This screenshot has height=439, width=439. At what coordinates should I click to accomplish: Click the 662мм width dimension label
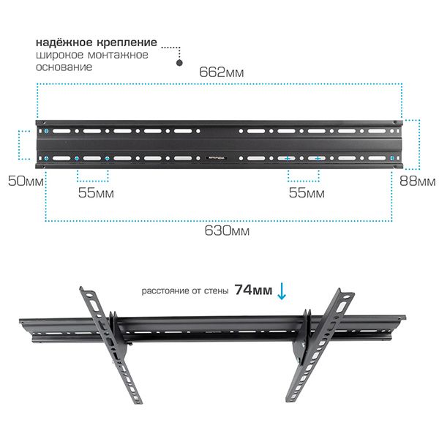(x=222, y=72)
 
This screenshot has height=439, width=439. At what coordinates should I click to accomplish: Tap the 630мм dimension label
(x=227, y=231)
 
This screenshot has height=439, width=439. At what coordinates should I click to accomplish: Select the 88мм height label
(x=417, y=181)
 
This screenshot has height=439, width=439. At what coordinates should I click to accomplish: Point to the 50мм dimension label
(x=26, y=181)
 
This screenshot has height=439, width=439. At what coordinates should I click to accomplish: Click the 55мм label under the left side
(x=96, y=193)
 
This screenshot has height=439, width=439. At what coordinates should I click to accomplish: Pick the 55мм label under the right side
(x=307, y=193)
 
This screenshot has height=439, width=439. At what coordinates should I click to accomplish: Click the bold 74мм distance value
(x=253, y=290)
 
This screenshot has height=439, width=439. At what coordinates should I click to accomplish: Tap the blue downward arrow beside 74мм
(x=282, y=291)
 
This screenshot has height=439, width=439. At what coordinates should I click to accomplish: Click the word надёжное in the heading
(x=64, y=42)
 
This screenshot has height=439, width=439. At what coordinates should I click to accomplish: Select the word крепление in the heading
(x=127, y=43)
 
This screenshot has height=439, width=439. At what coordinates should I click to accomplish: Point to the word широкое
(x=60, y=55)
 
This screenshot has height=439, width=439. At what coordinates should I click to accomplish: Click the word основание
(x=64, y=67)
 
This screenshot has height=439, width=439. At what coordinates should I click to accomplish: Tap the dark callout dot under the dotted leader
(x=179, y=63)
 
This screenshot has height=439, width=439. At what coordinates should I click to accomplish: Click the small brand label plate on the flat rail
(x=217, y=158)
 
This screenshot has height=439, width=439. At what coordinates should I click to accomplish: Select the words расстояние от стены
(x=185, y=291)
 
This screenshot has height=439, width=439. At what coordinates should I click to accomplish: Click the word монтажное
(x=118, y=55)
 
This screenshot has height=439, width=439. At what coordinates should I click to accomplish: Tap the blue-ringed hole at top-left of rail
(x=47, y=131)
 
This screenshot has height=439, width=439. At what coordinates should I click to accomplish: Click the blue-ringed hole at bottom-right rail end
(x=392, y=159)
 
